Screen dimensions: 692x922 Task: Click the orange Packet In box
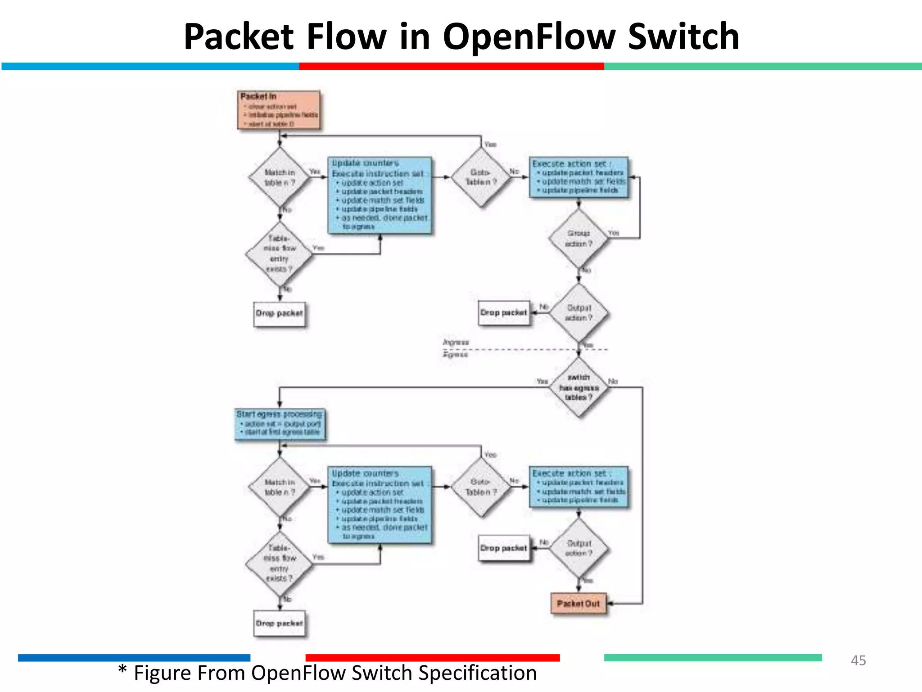(279, 110)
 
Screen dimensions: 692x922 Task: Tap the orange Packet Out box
(579, 603)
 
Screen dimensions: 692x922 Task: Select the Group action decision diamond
(579, 238)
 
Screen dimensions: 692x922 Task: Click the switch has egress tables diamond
(579, 387)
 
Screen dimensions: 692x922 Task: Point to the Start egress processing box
(280, 423)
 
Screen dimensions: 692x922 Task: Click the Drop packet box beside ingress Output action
(504, 313)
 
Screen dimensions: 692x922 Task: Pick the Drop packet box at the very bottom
(279, 623)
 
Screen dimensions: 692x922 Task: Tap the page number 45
(858, 660)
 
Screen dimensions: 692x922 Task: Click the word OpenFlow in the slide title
(529, 37)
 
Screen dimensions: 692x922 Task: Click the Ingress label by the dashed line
(456, 342)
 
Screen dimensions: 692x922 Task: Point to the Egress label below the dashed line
(455, 355)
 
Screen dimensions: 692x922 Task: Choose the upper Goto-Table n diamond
(481, 178)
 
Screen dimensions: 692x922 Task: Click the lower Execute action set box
(579, 487)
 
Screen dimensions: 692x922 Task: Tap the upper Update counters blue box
(380, 195)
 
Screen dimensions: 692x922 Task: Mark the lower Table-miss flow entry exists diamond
(279, 564)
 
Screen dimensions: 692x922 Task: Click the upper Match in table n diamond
(280, 178)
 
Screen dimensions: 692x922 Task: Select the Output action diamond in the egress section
(579, 548)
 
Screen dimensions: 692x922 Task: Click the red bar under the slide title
(451, 66)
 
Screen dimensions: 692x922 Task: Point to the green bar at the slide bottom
(713, 658)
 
